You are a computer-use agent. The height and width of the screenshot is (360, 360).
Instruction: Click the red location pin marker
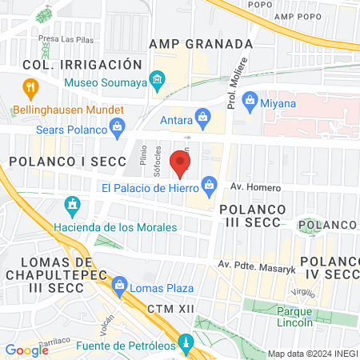tap(181, 164)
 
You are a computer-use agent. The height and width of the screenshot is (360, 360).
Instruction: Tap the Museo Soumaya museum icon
tap(158, 80)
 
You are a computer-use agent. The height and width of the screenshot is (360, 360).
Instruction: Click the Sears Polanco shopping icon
tap(118, 128)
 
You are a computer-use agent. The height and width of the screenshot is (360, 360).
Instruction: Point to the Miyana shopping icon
tap(250, 102)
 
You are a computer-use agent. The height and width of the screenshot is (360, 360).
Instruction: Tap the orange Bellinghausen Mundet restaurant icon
tap(31, 88)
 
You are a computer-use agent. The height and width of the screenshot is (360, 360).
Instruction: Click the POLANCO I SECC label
tap(68, 162)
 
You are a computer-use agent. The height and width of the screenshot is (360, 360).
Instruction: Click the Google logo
tap(27, 350)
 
